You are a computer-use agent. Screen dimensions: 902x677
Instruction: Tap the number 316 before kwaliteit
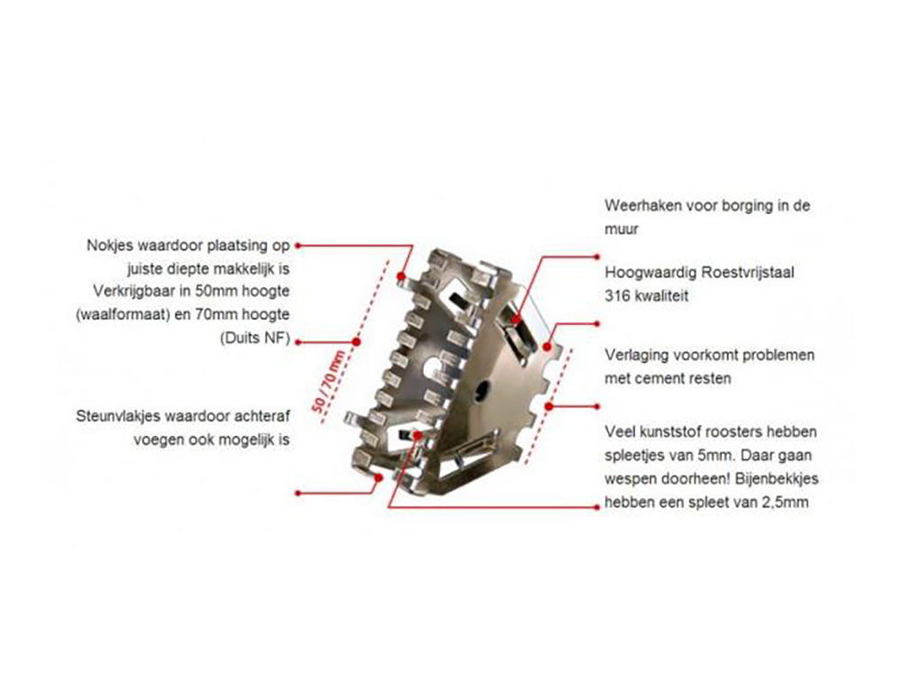(617, 296)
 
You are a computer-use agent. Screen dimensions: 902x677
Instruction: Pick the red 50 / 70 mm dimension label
(328, 381)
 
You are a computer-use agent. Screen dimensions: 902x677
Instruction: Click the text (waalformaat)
(122, 315)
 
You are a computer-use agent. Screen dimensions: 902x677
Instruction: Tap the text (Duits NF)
(255, 338)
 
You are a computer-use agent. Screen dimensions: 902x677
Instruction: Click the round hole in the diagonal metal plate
(481, 390)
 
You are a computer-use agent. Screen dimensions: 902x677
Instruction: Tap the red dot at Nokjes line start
(298, 246)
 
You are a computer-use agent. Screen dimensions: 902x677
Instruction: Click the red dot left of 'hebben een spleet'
(596, 507)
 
